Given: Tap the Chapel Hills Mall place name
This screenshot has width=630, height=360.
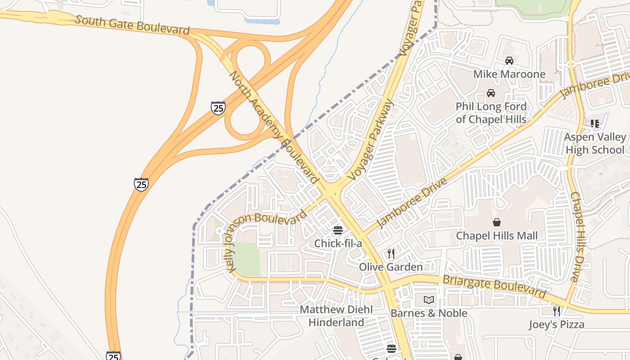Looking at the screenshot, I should coord(497,236).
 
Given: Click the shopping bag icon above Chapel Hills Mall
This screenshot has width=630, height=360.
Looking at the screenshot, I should coord(497,222).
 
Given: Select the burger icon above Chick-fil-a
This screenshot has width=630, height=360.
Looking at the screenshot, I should coord(338,230).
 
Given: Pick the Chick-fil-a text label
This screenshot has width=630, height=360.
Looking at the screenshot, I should coord(338,244).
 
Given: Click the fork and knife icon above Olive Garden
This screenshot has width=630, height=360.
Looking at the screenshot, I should coord(391,254).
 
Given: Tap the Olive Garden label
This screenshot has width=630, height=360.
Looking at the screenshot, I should coord(391,267).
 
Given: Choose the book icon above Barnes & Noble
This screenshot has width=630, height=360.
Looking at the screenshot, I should coord(429,300).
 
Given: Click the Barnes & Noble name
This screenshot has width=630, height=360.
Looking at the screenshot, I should coord(429,313).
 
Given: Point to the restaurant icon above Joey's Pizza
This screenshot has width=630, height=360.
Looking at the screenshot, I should coord(557,311).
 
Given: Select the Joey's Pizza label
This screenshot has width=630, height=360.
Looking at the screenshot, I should coord(557,324).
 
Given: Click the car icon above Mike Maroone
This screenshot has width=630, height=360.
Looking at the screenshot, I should coord(509,61).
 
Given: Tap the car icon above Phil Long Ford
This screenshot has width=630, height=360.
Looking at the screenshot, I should coord(491,93).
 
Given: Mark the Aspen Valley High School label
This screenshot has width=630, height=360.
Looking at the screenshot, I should coord(595,143).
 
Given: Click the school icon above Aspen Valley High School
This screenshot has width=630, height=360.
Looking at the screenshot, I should coord(595,123).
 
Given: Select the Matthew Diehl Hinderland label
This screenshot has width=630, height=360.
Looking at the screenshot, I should coord(337,316).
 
